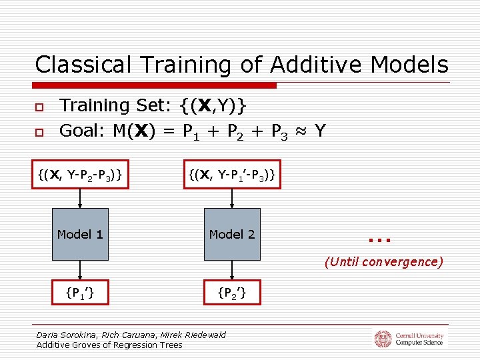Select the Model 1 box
[x=80, y=234]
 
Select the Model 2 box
[x=232, y=234]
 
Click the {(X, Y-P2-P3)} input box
[x=80, y=175]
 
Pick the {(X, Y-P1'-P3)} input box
[x=232, y=175]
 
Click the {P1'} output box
[x=80, y=291]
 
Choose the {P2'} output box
[x=232, y=291]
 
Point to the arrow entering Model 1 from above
[x=80, y=199]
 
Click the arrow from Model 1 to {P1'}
[x=80, y=269]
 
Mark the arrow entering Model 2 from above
[x=232, y=199]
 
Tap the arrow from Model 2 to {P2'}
[x=232, y=269]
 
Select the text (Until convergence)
[x=383, y=262]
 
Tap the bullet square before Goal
[x=39, y=132]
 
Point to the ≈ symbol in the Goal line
[x=299, y=131]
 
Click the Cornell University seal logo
[x=383, y=339]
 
